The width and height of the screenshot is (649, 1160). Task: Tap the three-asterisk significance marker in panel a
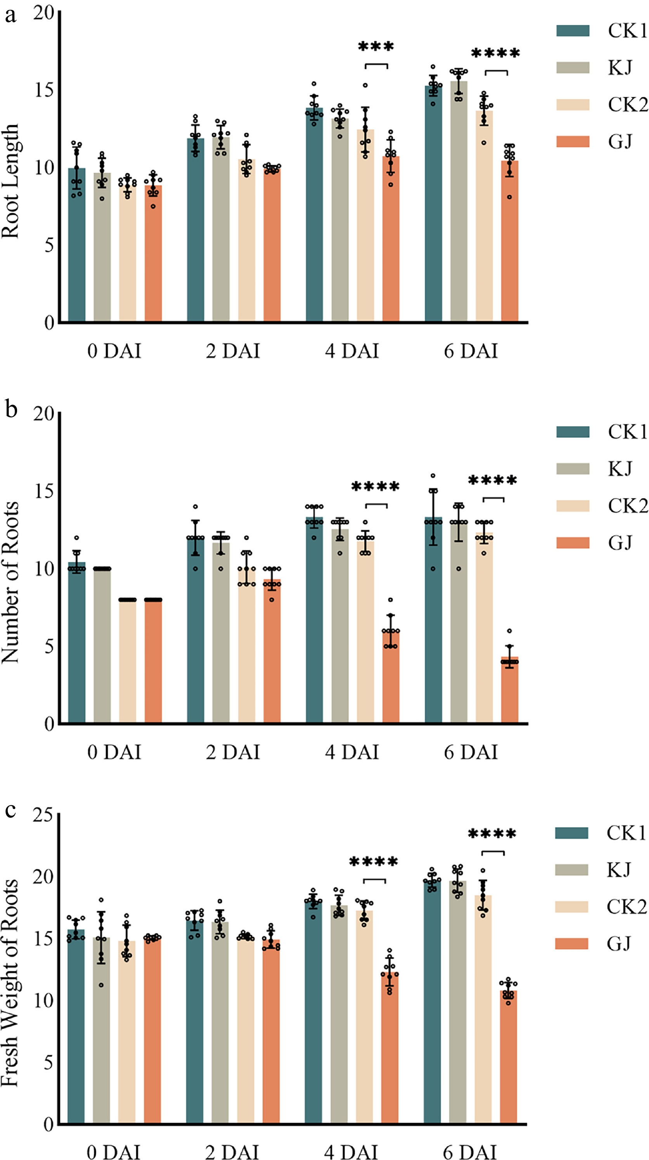click(376, 47)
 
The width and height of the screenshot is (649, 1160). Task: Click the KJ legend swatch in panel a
click(572, 67)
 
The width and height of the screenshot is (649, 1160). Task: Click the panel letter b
click(11, 409)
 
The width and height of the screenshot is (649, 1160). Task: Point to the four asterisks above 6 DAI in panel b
click(493, 481)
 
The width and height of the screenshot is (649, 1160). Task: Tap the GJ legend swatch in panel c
click(571, 943)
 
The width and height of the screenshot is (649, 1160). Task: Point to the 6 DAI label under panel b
click(471, 752)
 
